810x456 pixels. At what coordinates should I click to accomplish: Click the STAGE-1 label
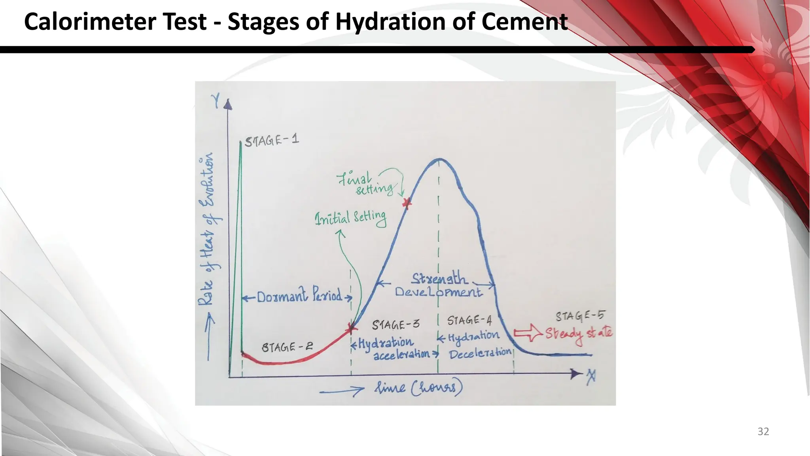point(272,141)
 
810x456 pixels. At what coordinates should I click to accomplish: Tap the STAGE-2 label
point(287,347)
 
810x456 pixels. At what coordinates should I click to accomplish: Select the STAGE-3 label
point(395,325)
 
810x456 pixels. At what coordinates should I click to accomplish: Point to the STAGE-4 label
point(469,320)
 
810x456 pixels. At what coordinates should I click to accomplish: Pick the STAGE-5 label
point(580,316)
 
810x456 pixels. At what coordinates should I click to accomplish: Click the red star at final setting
point(407,203)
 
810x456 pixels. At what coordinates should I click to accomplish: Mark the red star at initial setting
point(351,329)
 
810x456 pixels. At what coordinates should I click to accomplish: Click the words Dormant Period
point(299,296)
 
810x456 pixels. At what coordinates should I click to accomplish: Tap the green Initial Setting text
point(350,218)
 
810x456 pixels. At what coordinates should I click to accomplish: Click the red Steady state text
point(579,334)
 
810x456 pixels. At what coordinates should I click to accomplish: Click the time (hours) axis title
point(418,387)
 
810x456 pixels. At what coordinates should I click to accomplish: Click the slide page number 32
point(763,431)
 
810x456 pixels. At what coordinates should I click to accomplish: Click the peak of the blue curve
point(439,159)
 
